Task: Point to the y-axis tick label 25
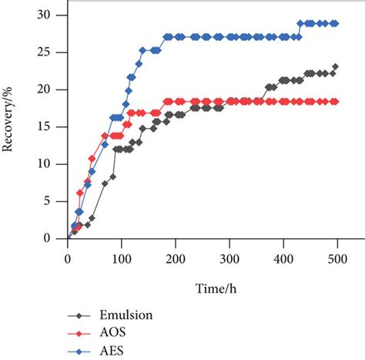(x=52, y=53)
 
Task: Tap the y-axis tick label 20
(x=52, y=90)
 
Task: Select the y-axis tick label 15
(x=52, y=127)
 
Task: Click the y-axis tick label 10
(x=52, y=164)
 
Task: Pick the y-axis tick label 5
(x=55, y=201)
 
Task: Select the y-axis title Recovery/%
(x=10, y=126)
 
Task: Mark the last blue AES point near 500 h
(x=335, y=23)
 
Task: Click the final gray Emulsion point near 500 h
(x=335, y=67)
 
